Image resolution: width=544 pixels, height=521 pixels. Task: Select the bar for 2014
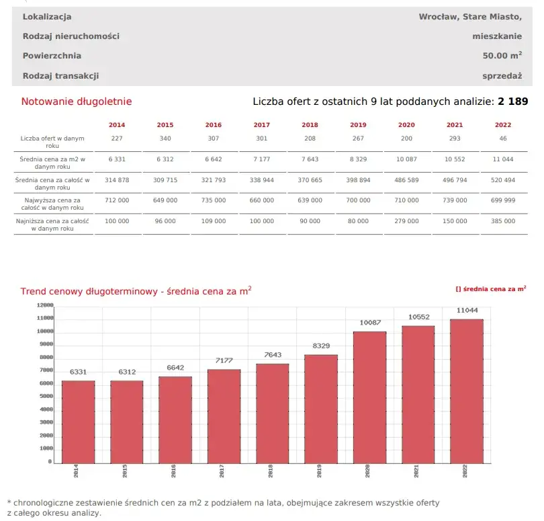(79, 422)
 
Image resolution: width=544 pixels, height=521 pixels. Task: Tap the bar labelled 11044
(466, 391)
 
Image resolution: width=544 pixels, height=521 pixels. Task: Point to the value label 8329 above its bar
(321, 346)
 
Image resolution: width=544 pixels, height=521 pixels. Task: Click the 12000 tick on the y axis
(44, 305)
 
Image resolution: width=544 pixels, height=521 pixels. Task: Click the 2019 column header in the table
(358, 125)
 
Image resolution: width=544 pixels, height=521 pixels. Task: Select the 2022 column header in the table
(503, 125)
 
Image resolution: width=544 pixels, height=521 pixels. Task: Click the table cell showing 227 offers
(117, 138)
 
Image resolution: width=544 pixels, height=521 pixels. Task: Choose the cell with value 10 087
(406, 159)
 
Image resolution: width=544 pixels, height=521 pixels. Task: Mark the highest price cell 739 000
(455, 200)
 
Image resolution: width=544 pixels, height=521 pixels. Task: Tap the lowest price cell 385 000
(503, 221)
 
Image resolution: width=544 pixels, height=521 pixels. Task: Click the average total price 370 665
(310, 180)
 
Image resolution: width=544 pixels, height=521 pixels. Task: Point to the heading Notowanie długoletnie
(77, 102)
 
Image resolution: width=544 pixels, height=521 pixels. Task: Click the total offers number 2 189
(512, 102)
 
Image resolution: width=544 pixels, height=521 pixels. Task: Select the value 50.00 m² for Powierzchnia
(502, 56)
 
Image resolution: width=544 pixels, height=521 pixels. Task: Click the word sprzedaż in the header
(502, 76)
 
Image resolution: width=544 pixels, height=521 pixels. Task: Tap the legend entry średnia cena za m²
(491, 288)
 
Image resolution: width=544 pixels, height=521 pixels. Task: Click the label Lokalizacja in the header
(47, 16)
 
